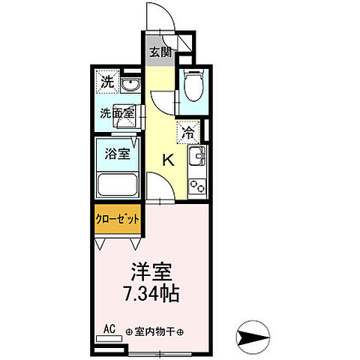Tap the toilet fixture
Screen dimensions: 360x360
(x=190, y=87)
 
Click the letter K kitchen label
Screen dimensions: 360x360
(x=169, y=159)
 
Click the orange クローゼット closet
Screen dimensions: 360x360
(x=117, y=219)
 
